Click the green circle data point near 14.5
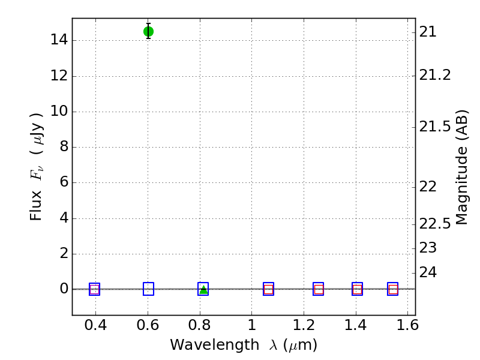[x=148, y=31]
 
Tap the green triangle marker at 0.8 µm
[x=203, y=289]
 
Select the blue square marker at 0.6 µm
[x=148, y=289]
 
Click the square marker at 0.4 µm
[x=94, y=289]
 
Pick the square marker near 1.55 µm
[x=393, y=289]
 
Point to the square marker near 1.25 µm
[x=318, y=289]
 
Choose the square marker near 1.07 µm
[x=268, y=289]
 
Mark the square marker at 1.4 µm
[x=357, y=289]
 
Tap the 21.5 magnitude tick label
[x=436, y=127]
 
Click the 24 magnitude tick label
[x=428, y=272]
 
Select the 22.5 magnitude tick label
[x=436, y=224]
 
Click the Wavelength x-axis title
[x=244, y=346]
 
